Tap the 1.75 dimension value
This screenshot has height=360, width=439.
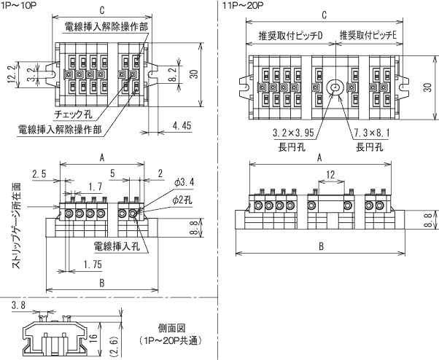pos(91,263)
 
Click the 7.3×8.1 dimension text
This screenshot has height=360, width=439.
pos(372,133)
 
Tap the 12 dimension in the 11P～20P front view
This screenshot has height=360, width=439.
pos(330,175)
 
